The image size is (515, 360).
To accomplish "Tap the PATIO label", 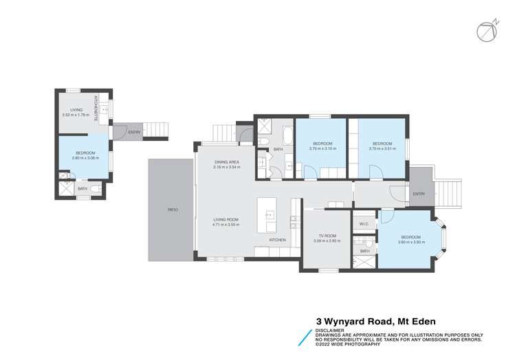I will [x=173, y=209].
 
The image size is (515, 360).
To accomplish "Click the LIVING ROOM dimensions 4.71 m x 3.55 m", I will [x=226, y=224].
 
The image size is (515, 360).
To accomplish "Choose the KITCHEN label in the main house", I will [x=277, y=240].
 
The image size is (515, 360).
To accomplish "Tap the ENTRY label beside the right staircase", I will [x=419, y=194].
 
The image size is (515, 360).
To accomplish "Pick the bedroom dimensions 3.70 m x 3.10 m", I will [x=322, y=148].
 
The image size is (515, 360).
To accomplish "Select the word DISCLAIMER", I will [x=331, y=330].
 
